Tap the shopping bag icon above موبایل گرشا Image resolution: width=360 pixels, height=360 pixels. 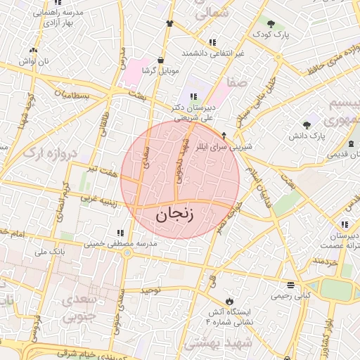click(x=162, y=60)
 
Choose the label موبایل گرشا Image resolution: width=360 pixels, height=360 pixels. click(x=161, y=71)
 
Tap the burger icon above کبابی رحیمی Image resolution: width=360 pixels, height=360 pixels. click(x=291, y=285)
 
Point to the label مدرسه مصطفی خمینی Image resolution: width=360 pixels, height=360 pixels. click(x=122, y=243)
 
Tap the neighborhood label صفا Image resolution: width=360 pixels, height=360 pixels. click(x=236, y=82)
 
